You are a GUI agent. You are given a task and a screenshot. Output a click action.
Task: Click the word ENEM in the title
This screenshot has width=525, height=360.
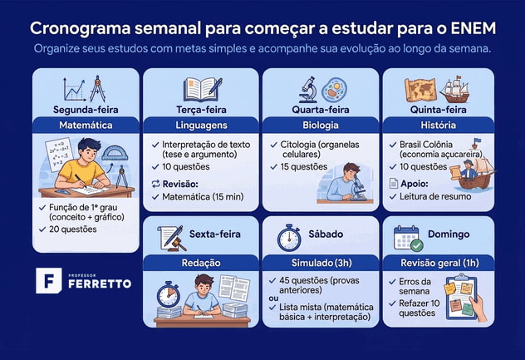pos(469,27)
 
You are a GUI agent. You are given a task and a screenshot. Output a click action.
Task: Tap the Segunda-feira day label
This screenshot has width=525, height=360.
pos(86,109)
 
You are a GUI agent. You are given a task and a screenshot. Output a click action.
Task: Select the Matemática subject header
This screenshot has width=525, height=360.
pos(86,126)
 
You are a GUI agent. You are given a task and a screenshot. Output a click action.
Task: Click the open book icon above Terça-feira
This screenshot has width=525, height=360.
pos(203,87)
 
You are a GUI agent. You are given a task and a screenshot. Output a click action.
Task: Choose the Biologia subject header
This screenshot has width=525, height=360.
pos(320,126)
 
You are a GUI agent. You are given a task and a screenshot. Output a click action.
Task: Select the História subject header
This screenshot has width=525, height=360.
pos(438,126)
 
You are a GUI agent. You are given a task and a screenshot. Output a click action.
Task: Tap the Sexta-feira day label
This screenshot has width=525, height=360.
pos(214,234)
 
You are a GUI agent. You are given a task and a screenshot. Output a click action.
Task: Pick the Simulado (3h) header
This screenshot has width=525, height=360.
pos(320,262)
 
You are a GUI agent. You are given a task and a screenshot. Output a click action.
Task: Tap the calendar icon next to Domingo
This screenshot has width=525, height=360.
pos(407,237)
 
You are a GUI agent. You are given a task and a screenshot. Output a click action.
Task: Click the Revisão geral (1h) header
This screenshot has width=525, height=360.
pos(438,262)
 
